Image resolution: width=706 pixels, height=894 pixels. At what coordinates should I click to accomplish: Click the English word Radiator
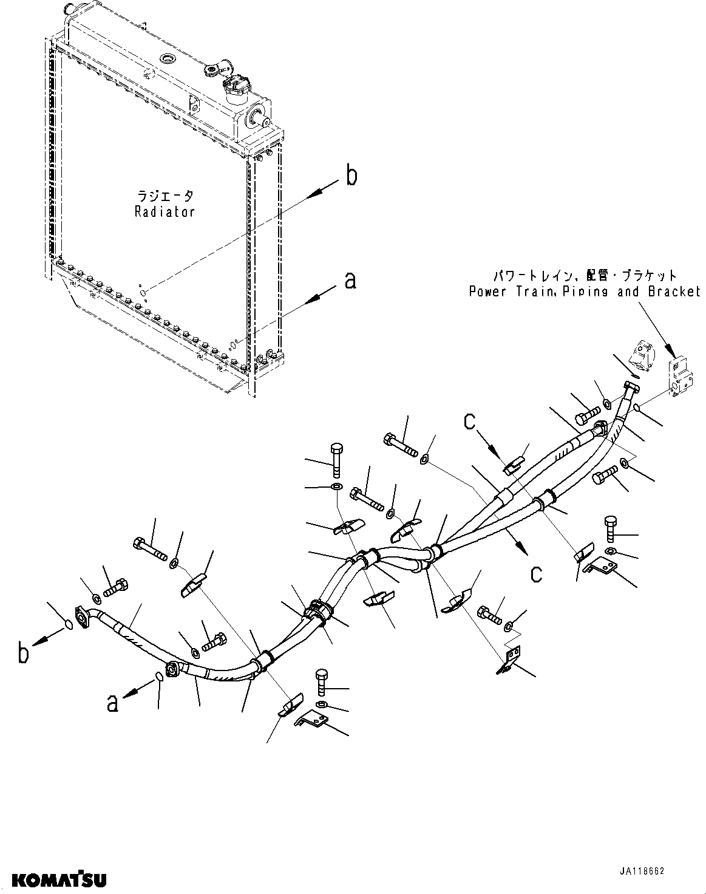pos(165,212)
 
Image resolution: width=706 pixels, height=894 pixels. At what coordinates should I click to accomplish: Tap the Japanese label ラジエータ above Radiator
pos(165,196)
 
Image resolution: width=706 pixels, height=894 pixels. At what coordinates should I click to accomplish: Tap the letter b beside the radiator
pos(351,176)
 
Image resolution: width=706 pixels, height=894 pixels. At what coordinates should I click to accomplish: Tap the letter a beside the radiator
pos(350,281)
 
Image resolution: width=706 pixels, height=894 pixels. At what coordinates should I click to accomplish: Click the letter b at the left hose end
pos(23,655)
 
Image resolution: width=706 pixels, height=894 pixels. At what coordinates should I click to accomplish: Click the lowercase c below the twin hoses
pos(536,573)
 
